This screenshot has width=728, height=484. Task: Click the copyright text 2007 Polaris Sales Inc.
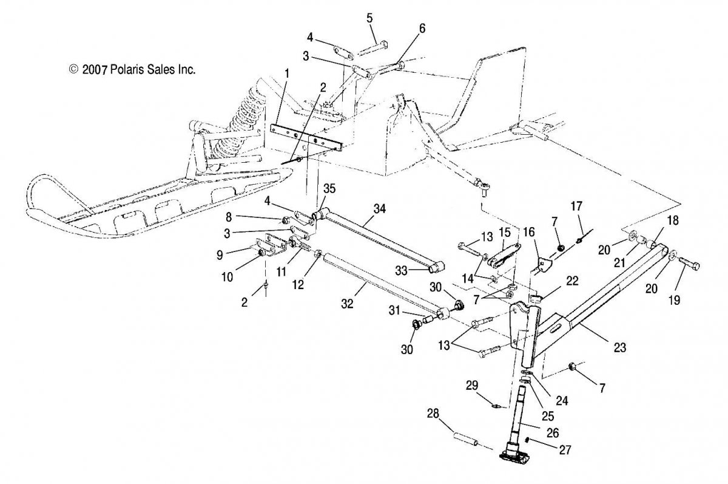132,70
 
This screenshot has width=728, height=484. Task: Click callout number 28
432,414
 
